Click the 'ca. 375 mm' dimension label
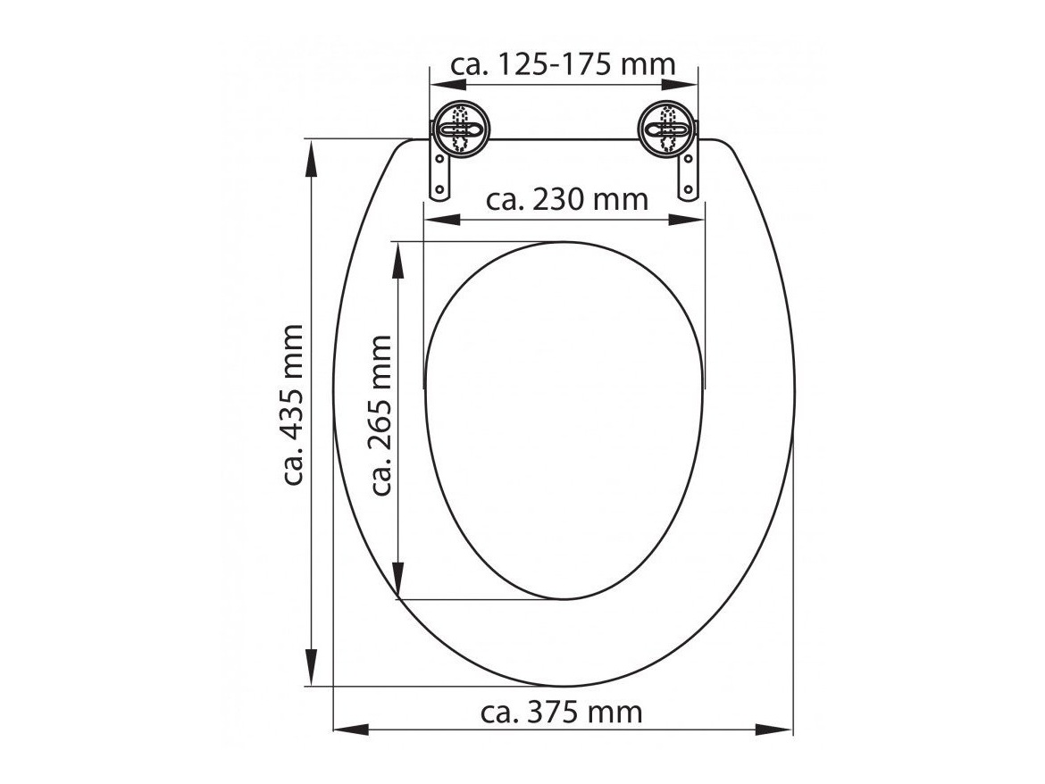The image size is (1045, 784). click(x=561, y=712)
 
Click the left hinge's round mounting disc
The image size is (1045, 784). click(x=459, y=132)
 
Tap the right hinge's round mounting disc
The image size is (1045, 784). click(x=666, y=132)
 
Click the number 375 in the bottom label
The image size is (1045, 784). click(x=559, y=712)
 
